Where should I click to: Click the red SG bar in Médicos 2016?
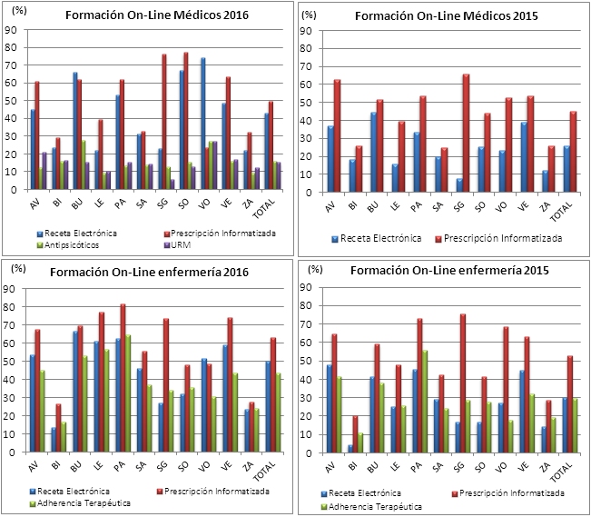[x=164, y=122]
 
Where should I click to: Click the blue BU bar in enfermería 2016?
[x=74, y=383]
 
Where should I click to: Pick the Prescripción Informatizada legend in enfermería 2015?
[x=515, y=493]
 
